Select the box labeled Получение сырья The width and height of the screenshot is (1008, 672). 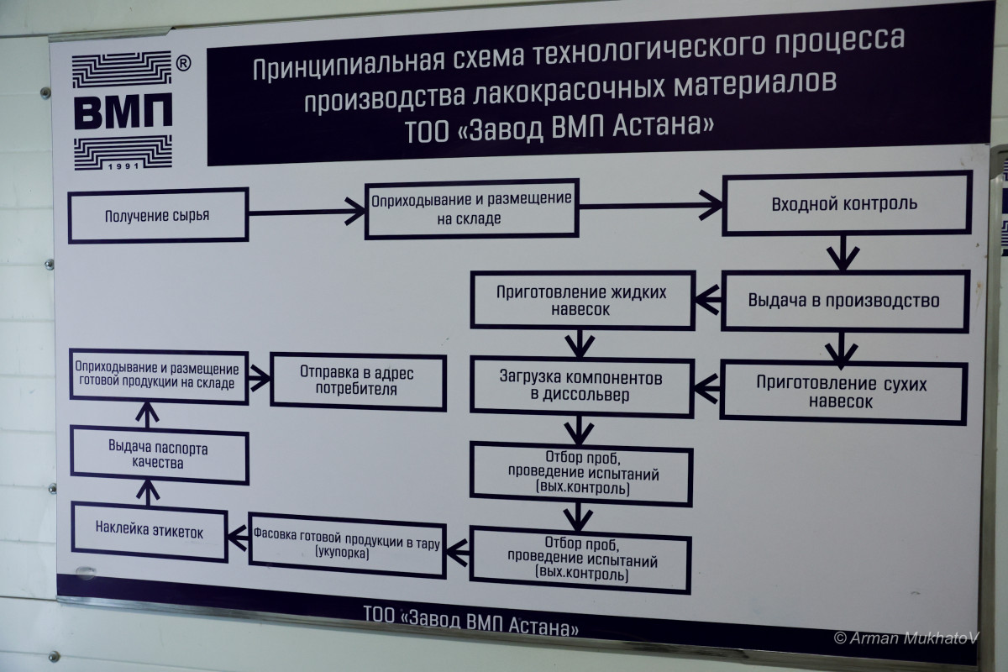point(158,215)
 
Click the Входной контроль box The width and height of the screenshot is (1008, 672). point(844,204)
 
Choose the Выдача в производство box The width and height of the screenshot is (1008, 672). point(843,300)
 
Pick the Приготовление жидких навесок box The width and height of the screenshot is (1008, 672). point(582,300)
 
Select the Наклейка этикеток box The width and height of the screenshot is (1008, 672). point(150,532)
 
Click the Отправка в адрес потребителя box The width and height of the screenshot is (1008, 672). point(358,380)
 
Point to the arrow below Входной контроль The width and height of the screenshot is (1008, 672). point(843,252)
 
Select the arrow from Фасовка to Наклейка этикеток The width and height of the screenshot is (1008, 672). point(239,538)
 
